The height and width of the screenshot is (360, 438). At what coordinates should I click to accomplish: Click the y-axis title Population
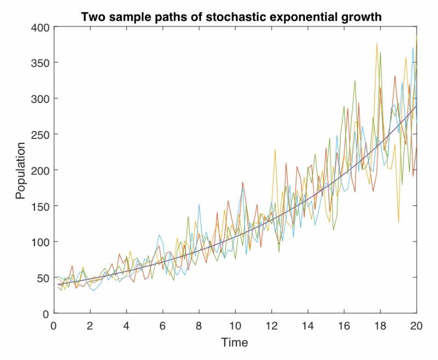click(x=20, y=170)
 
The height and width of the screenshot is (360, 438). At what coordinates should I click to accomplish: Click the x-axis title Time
click(x=234, y=343)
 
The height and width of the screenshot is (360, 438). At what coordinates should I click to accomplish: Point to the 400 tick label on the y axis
click(x=39, y=27)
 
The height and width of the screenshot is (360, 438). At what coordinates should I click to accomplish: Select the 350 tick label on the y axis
click(x=39, y=62)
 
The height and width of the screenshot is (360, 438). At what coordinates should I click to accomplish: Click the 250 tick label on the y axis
click(x=39, y=134)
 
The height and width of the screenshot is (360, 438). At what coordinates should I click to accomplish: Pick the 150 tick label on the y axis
click(x=39, y=206)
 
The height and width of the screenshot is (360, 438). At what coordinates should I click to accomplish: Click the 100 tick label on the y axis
click(x=39, y=242)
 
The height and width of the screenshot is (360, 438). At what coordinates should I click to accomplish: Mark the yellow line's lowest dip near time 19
click(x=399, y=222)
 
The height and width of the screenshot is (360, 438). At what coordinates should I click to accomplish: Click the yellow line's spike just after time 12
click(x=275, y=149)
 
